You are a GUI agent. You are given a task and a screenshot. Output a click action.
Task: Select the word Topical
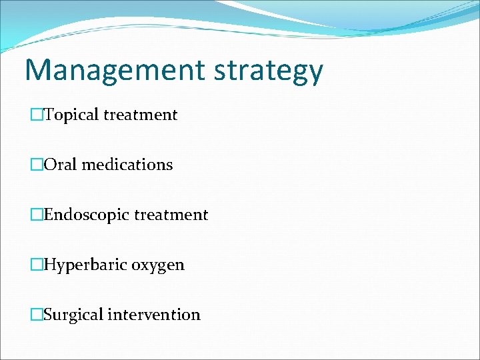click(x=71, y=115)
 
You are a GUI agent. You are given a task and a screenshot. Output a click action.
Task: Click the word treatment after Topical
click(x=141, y=115)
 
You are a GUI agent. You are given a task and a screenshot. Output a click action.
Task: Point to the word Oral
click(x=61, y=165)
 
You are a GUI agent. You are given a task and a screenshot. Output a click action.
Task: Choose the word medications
click(x=127, y=165)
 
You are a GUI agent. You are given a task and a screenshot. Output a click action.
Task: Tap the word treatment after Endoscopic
click(x=171, y=215)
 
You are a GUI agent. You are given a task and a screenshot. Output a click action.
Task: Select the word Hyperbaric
click(x=85, y=265)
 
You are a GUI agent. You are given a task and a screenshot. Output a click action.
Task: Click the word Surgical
click(x=73, y=315)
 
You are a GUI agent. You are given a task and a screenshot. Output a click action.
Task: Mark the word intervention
click(x=155, y=315)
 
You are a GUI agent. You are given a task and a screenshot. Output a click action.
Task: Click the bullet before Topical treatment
click(x=37, y=115)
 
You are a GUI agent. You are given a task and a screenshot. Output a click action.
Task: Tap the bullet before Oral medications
click(x=37, y=165)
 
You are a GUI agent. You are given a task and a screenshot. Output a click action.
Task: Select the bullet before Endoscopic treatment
click(x=37, y=215)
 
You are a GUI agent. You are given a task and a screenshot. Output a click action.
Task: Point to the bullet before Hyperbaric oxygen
click(x=37, y=265)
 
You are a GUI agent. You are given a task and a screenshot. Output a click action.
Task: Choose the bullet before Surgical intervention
click(x=37, y=315)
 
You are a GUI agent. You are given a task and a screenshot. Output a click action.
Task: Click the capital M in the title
click(x=38, y=69)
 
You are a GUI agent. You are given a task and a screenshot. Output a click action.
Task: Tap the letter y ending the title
click(x=314, y=73)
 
